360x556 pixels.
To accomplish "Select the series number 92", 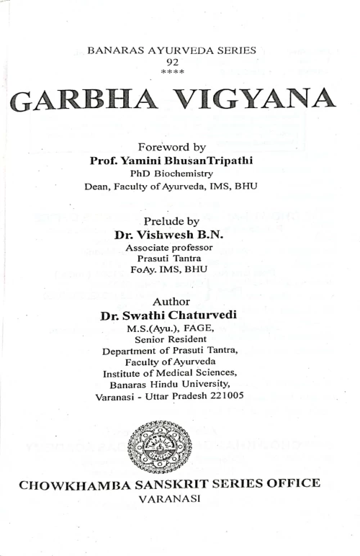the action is (x=171, y=63).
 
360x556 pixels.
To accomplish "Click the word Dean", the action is (x=96, y=187).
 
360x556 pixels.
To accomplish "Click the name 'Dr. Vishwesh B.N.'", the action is (x=169, y=235).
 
